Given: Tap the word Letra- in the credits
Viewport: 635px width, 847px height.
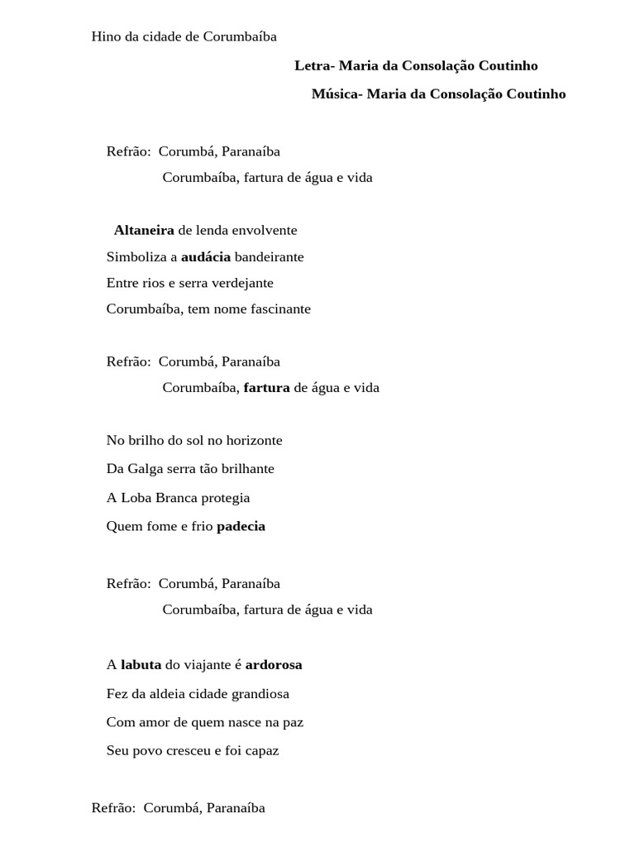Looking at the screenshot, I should pos(314,65).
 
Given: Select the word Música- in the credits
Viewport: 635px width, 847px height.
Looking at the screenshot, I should pos(336,94).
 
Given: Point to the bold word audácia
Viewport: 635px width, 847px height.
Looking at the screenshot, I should pos(206,256).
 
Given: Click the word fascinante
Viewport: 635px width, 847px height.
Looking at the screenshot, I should pos(276,309).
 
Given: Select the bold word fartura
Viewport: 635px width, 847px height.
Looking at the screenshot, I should pos(266,387).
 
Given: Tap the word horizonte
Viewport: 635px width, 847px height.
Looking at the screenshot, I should pos(250,440).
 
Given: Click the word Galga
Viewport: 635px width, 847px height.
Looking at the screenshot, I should pos(146,469).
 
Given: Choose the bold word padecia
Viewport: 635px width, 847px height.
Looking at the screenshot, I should pos(241,526).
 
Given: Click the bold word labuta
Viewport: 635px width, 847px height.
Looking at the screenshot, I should pos(141,664).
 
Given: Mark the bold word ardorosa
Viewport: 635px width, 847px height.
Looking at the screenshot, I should pos(274,664).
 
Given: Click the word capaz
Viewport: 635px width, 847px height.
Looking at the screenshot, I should pos(261,750).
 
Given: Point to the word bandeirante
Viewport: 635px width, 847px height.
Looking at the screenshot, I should pos(269,256).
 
